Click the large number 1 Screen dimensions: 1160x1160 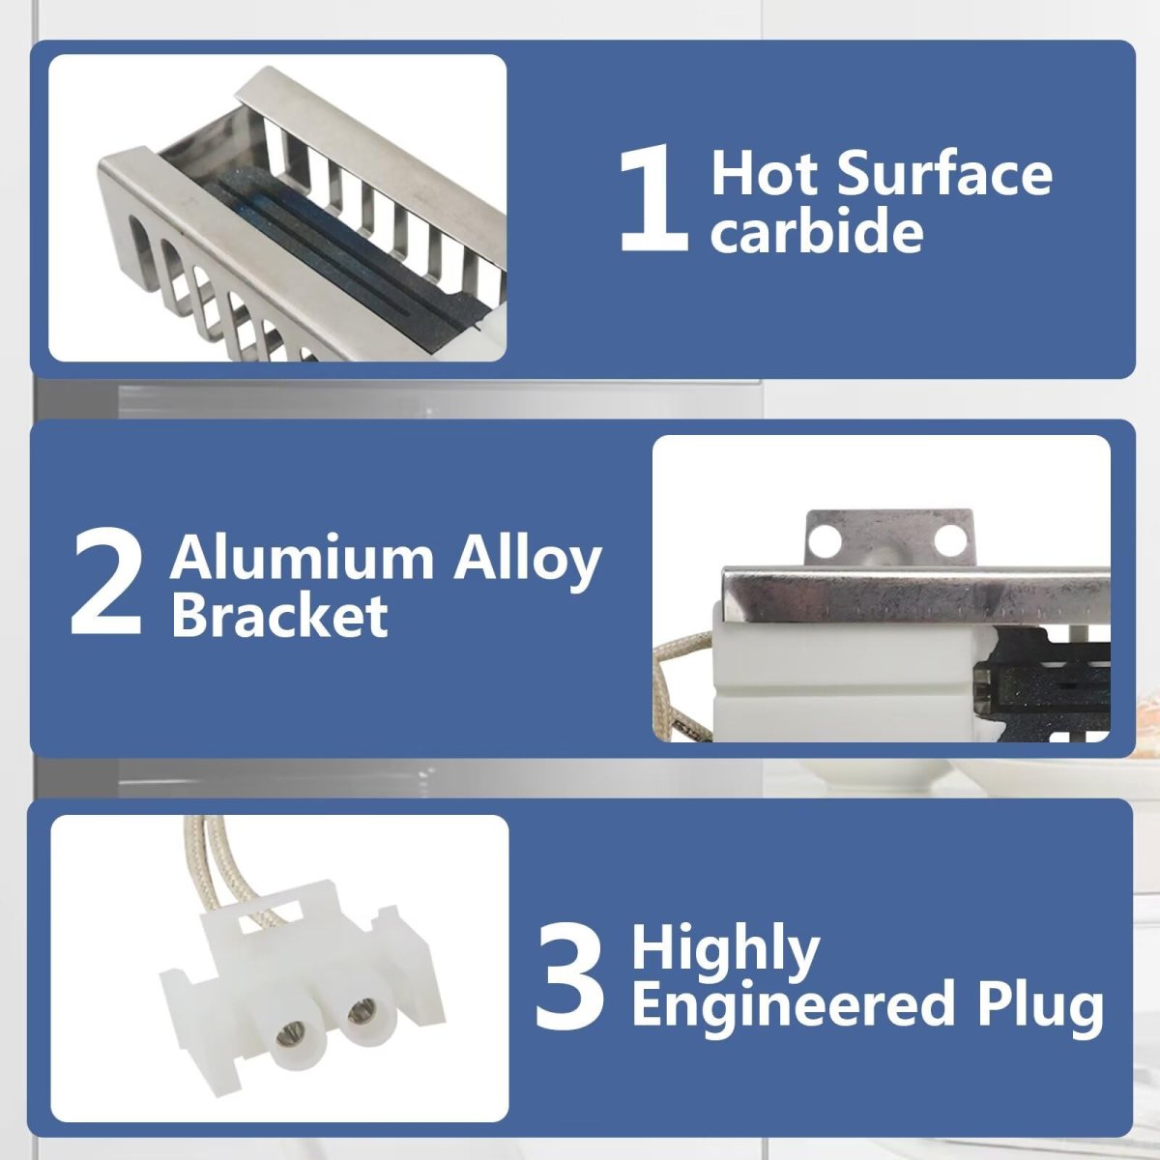(x=653, y=198)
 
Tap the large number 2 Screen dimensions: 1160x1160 (x=107, y=583)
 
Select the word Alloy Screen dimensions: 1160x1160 (x=528, y=561)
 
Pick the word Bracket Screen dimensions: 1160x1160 (x=280, y=614)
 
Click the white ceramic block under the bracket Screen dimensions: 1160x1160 (x=783, y=674)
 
